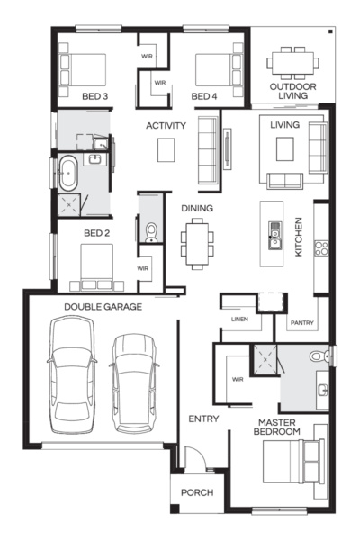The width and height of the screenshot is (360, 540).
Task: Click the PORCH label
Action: [x=197, y=492]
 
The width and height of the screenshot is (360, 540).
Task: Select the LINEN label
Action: [x=238, y=319]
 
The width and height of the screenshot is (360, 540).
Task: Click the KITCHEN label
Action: [x=299, y=237]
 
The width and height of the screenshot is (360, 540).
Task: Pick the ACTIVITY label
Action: [x=166, y=126]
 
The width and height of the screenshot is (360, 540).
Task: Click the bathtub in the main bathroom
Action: [x=69, y=173]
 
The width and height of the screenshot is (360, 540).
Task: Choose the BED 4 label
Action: [x=203, y=95]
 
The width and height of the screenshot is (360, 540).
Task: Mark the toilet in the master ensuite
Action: [x=319, y=357]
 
